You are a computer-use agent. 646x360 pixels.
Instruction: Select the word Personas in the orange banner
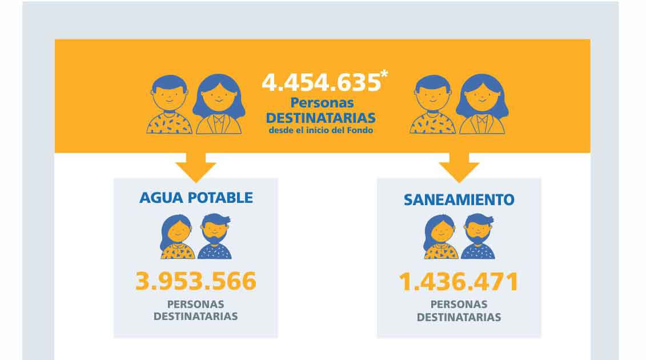coord(322,103)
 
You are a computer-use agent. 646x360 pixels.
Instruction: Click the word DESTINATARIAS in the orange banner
coord(321,118)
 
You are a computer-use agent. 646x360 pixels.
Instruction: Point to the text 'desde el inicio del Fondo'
coord(322,130)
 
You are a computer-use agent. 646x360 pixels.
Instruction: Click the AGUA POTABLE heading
coord(196,198)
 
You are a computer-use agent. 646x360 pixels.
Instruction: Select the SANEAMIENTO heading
coord(459,200)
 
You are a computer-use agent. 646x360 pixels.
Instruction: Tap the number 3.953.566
coord(196,282)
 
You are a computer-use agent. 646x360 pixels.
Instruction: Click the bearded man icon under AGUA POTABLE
coord(215,237)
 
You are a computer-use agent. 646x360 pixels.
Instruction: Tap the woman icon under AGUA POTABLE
coord(177,237)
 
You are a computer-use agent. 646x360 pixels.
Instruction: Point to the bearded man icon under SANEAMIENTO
coord(478,237)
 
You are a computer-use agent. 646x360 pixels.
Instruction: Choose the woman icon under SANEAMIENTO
coord(440,237)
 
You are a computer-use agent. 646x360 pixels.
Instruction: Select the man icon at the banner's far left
coord(169,104)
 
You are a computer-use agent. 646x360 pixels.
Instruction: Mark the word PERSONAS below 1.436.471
coord(459,305)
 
